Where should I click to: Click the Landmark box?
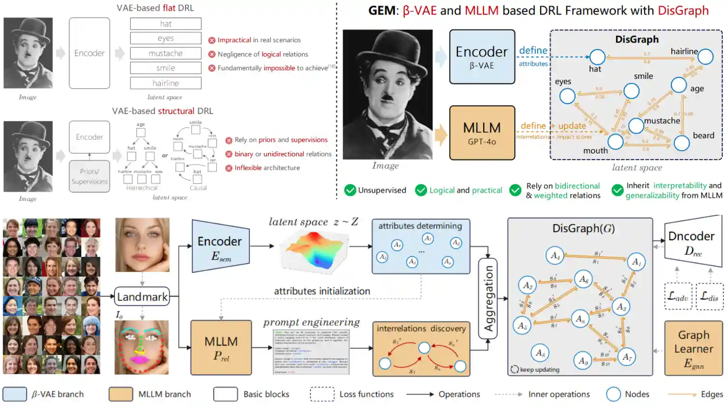142,297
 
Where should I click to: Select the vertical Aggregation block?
488,299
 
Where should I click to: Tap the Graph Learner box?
693,348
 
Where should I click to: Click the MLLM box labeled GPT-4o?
482,133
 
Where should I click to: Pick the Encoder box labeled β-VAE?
482,57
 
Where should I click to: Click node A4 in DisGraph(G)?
555,255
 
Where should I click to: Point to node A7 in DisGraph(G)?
627,357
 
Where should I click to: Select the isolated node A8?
540,353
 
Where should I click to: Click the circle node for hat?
597,57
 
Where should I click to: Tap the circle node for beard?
681,143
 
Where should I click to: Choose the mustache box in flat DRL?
166,53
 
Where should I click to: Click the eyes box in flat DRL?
166,38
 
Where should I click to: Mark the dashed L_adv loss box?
678,296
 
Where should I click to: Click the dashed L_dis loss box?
710,296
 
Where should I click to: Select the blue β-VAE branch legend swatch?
15,394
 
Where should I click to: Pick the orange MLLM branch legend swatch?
121,394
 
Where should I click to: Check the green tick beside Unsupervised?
350,190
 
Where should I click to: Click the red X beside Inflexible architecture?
229,168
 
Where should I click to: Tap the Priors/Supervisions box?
89,176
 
